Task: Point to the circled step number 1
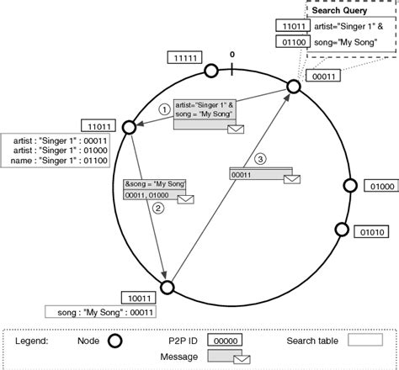pyautogui.click(x=165, y=109)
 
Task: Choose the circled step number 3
pyautogui.click(x=260, y=159)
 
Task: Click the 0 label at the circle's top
pyautogui.click(x=233, y=55)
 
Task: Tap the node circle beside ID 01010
pyautogui.click(x=342, y=229)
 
